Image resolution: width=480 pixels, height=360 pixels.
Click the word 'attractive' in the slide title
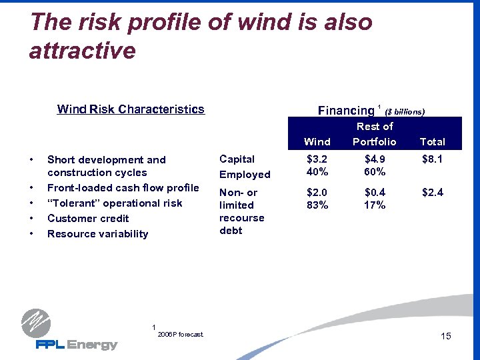pyautogui.click(x=82, y=50)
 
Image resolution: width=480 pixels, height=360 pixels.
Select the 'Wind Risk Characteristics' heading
pyautogui.click(x=131, y=109)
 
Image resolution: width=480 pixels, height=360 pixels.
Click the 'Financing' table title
pyautogui.click(x=346, y=111)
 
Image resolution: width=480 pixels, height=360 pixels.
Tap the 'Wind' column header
pyautogui.click(x=317, y=141)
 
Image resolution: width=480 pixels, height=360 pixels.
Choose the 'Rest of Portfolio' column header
pyautogui.click(x=374, y=134)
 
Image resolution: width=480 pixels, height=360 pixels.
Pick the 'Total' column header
pyautogui.click(x=432, y=141)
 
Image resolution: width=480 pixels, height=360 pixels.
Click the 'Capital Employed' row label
pyautogui.click(x=245, y=167)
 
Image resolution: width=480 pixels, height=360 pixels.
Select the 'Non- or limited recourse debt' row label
pyautogui.click(x=241, y=211)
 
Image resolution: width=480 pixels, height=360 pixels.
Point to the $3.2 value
pyautogui.click(x=317, y=159)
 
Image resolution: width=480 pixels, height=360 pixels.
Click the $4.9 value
pyautogui.click(x=374, y=159)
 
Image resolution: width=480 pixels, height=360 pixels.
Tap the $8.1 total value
pyautogui.click(x=432, y=159)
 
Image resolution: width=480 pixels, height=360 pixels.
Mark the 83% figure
pyautogui.click(x=317, y=205)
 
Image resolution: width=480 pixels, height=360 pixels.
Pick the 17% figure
pyautogui.click(x=374, y=205)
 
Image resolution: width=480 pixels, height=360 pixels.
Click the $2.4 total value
pyautogui.click(x=432, y=193)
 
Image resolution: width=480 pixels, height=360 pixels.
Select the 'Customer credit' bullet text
pyautogui.click(x=88, y=219)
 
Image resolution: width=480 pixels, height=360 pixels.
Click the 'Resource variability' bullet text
pyautogui.click(x=97, y=234)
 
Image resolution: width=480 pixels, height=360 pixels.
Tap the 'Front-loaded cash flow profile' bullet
pyautogui.click(x=123, y=188)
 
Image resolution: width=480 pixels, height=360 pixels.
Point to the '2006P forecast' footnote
pyautogui.click(x=181, y=335)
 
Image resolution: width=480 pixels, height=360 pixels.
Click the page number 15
pyautogui.click(x=446, y=336)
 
